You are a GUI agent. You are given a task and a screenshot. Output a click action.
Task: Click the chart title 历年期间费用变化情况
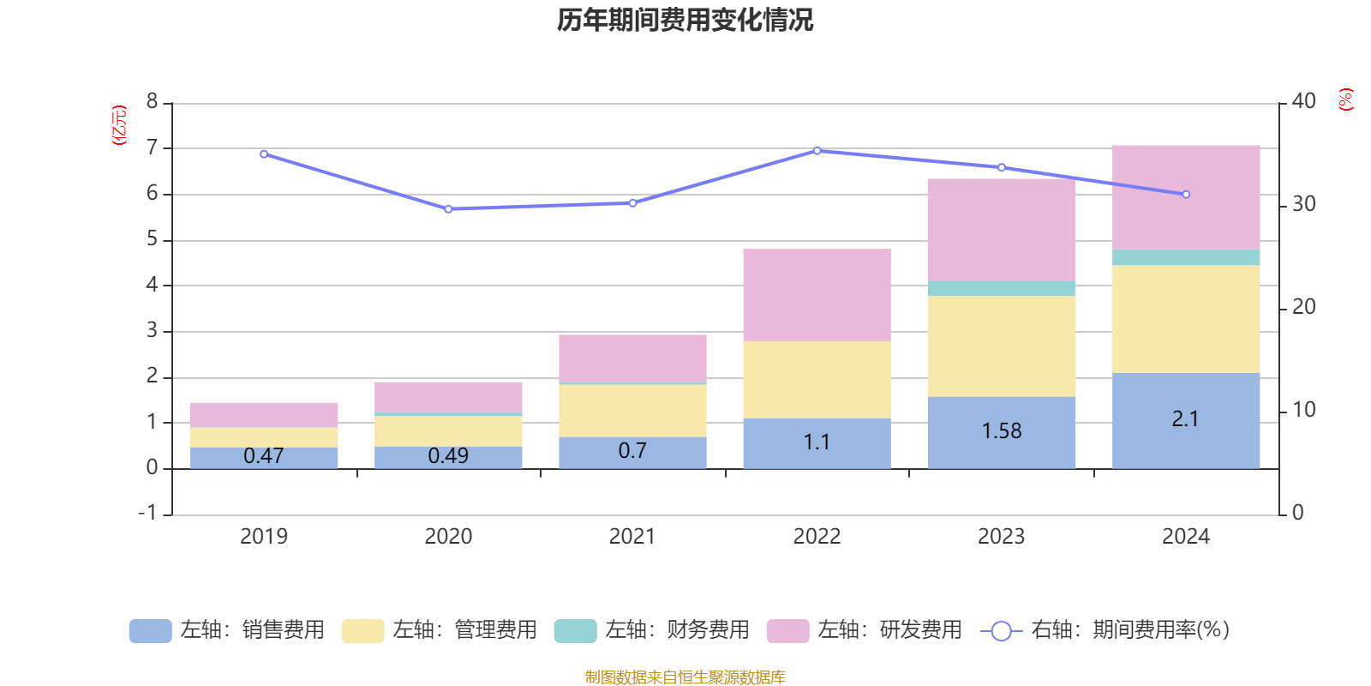(685, 21)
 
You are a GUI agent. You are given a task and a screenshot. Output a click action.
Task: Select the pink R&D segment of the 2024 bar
(1186, 197)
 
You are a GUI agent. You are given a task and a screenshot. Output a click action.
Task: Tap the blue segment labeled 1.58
(1001, 431)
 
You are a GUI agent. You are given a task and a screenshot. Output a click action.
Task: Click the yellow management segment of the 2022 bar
(817, 380)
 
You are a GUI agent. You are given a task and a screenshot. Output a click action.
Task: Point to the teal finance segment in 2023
(1001, 288)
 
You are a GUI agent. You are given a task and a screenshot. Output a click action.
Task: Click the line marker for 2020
(448, 209)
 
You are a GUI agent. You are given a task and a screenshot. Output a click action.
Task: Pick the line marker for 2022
(817, 151)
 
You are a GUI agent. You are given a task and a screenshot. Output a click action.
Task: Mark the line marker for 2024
(1186, 195)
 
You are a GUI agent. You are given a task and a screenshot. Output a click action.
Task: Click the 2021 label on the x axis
(632, 537)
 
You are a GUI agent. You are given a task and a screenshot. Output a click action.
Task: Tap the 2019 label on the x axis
(264, 537)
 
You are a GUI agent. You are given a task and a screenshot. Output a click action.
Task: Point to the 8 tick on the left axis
(153, 102)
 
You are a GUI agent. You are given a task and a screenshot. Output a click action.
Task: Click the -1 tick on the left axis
(148, 513)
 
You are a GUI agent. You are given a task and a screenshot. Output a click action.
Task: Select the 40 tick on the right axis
(1303, 102)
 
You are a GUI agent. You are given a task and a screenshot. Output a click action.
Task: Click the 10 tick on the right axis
(1303, 410)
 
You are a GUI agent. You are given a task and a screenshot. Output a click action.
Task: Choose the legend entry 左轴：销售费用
(227, 630)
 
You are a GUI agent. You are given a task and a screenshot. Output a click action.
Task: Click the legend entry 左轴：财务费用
(652, 630)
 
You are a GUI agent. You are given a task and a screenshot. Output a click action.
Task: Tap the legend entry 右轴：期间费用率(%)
(1105, 630)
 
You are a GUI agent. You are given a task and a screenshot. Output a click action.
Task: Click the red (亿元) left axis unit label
(119, 125)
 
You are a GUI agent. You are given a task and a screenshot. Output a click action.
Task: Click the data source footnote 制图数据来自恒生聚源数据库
(685, 677)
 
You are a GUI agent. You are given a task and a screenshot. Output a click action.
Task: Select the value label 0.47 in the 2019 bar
(264, 456)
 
